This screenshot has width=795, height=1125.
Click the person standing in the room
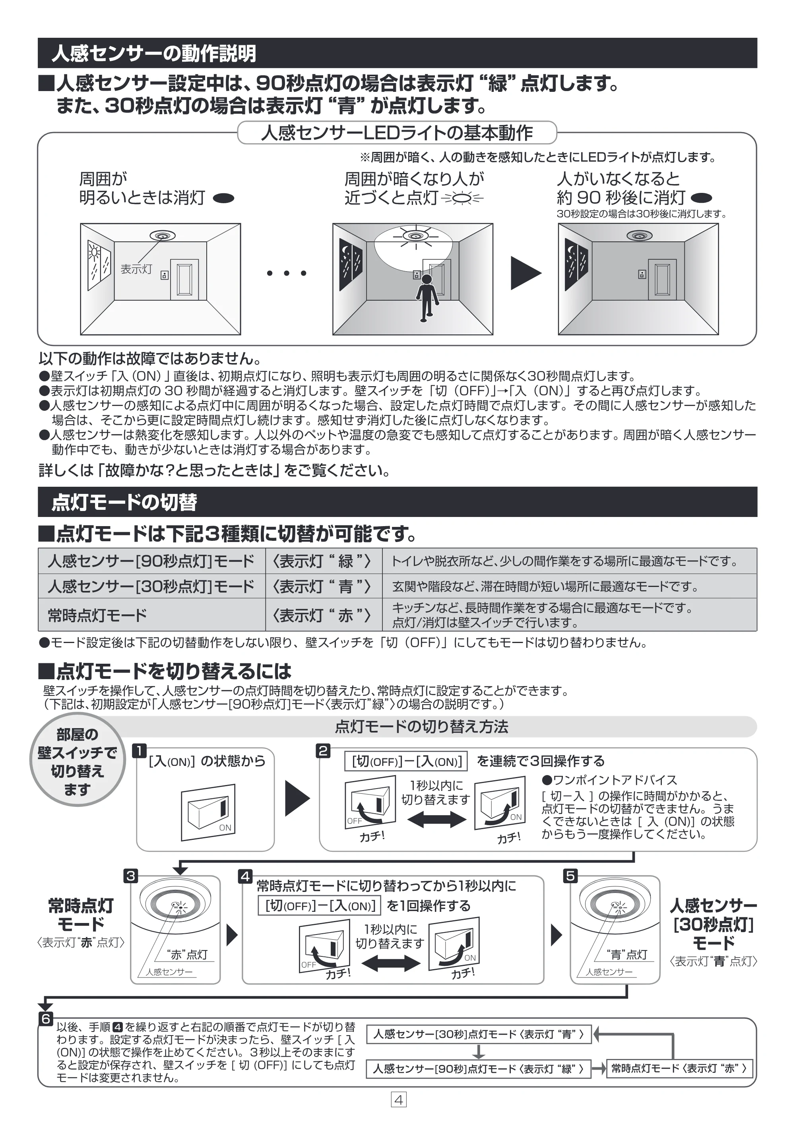click(426, 298)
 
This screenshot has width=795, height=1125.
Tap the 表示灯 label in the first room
click(136, 269)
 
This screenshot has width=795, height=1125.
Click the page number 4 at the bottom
click(398, 1100)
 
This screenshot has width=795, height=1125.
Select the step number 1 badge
click(140, 751)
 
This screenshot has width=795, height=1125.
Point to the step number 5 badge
click(571, 876)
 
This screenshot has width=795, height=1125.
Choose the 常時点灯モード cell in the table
click(152, 614)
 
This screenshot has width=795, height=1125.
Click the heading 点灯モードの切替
click(124, 502)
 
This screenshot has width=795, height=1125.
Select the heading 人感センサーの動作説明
click(154, 53)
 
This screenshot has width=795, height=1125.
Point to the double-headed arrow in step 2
click(436, 819)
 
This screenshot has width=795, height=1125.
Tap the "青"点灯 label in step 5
click(627, 954)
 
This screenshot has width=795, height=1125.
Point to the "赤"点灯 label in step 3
click(187, 954)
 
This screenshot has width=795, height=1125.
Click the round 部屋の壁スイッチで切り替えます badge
click(78, 762)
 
